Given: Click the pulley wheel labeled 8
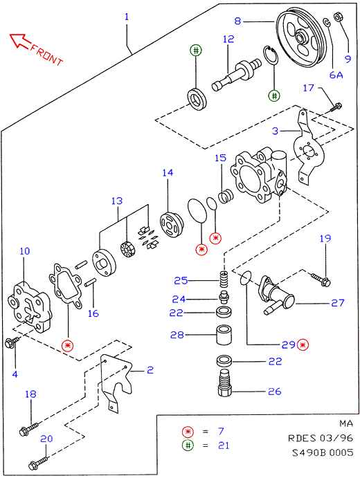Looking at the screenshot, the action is [300, 39].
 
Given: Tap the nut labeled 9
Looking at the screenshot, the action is [338, 17].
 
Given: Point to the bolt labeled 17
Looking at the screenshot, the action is [336, 107].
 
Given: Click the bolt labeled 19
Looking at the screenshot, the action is [321, 279].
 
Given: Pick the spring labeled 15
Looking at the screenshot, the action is [226, 196].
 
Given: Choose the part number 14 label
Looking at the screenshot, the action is [168, 172].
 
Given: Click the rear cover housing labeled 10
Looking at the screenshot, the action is [30, 307].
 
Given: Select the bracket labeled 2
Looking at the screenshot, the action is [116, 381].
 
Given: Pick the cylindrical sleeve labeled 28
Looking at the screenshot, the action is [224, 335].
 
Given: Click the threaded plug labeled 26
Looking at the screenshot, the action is [225, 383].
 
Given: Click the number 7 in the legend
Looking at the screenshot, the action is [221, 431].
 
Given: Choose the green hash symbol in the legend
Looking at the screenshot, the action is [188, 445].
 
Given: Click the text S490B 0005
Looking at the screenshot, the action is [323, 452].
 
